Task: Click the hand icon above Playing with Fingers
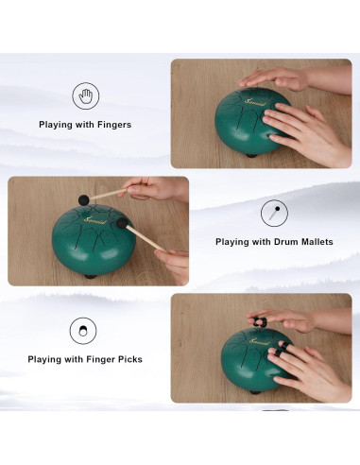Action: point(85,95)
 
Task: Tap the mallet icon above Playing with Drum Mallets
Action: point(274,214)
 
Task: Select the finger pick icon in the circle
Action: point(83,331)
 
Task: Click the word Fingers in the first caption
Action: point(114,125)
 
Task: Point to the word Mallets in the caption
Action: point(317,242)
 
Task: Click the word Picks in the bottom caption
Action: point(130,359)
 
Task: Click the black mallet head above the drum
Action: point(84,199)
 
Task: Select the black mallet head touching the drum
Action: point(123,223)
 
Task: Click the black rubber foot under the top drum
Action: point(251,155)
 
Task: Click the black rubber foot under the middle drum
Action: point(90,277)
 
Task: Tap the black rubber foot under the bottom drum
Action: point(255,392)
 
